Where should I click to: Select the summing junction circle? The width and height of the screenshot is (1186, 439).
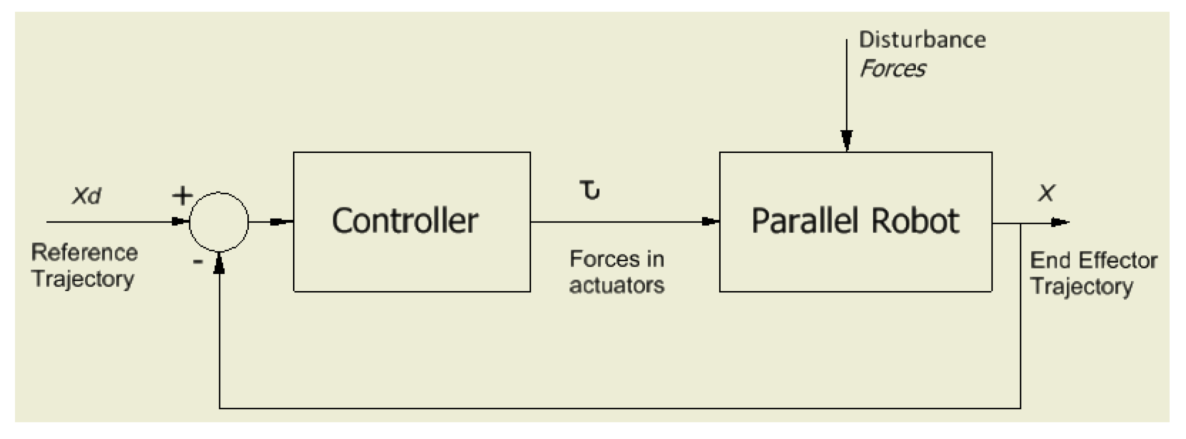click(219, 222)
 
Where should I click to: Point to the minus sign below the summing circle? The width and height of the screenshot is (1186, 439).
click(198, 262)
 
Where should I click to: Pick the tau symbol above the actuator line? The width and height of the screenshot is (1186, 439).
click(590, 190)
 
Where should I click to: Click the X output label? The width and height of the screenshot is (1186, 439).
click(1046, 193)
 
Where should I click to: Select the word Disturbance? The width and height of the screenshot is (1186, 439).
click(922, 40)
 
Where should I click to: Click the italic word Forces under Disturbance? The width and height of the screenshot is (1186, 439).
click(892, 69)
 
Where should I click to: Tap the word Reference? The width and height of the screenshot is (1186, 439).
click(84, 252)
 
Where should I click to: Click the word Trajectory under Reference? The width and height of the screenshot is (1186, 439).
click(83, 279)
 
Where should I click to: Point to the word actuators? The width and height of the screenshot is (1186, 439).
click(616, 285)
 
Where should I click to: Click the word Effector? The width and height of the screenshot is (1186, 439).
click(1117, 260)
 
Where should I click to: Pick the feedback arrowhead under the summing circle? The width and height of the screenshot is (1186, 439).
click(219, 264)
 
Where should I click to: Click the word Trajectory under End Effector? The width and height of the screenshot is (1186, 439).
click(1081, 287)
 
